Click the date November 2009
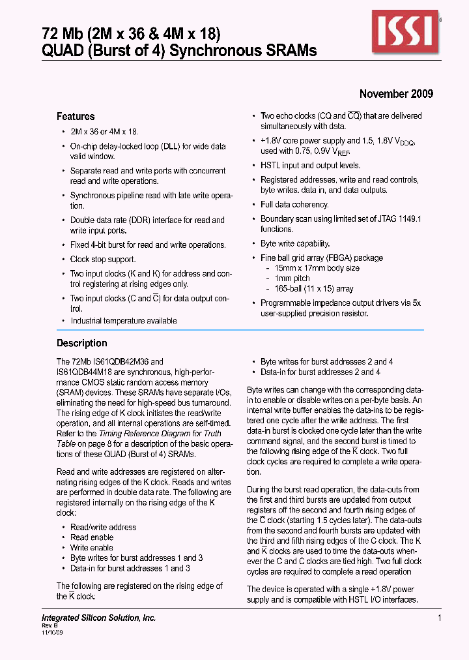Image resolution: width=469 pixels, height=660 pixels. [396, 94]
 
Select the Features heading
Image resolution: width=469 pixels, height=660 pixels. [76, 117]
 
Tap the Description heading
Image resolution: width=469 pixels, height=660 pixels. [82, 344]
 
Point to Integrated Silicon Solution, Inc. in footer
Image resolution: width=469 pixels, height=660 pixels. [98, 618]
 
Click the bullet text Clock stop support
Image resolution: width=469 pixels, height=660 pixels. [103, 260]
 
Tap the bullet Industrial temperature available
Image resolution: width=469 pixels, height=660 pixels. [124, 321]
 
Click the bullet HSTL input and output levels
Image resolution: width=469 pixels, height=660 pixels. [310, 166]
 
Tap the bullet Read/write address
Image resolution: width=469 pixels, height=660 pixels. [104, 527]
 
